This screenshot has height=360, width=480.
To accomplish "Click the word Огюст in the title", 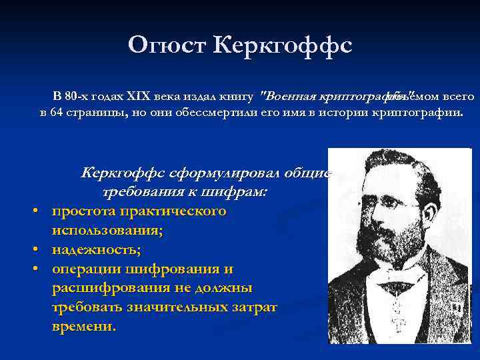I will [x=166, y=45].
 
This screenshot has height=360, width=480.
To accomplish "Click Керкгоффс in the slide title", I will [x=283, y=45].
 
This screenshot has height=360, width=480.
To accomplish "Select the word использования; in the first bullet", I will [x=108, y=231].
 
